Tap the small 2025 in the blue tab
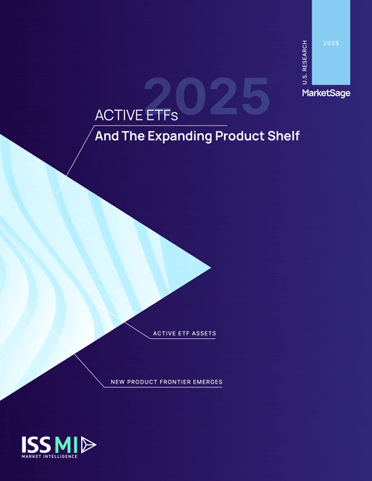[x=331, y=45]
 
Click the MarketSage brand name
[x=325, y=94]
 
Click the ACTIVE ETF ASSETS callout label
[x=184, y=333]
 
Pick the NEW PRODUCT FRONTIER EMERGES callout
[x=166, y=382]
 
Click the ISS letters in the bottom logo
[x=36, y=443]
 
